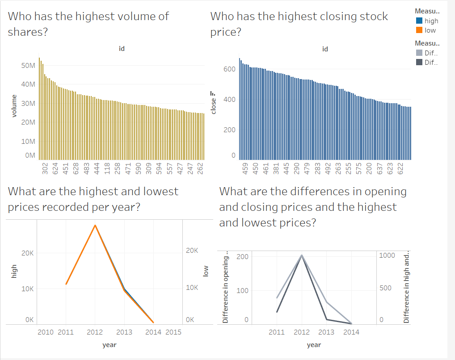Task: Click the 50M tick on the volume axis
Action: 29,66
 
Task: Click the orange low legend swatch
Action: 419,30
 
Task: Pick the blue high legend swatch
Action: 419,21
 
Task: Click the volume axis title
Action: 14,106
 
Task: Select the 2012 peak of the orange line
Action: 95,225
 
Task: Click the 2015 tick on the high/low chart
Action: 173,332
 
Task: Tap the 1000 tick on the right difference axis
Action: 387,255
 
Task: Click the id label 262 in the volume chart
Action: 200,168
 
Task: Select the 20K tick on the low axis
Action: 192,251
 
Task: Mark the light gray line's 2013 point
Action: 326,302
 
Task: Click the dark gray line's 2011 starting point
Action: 277,312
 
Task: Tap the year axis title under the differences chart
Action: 314,345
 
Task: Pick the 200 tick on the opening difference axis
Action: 243,256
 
